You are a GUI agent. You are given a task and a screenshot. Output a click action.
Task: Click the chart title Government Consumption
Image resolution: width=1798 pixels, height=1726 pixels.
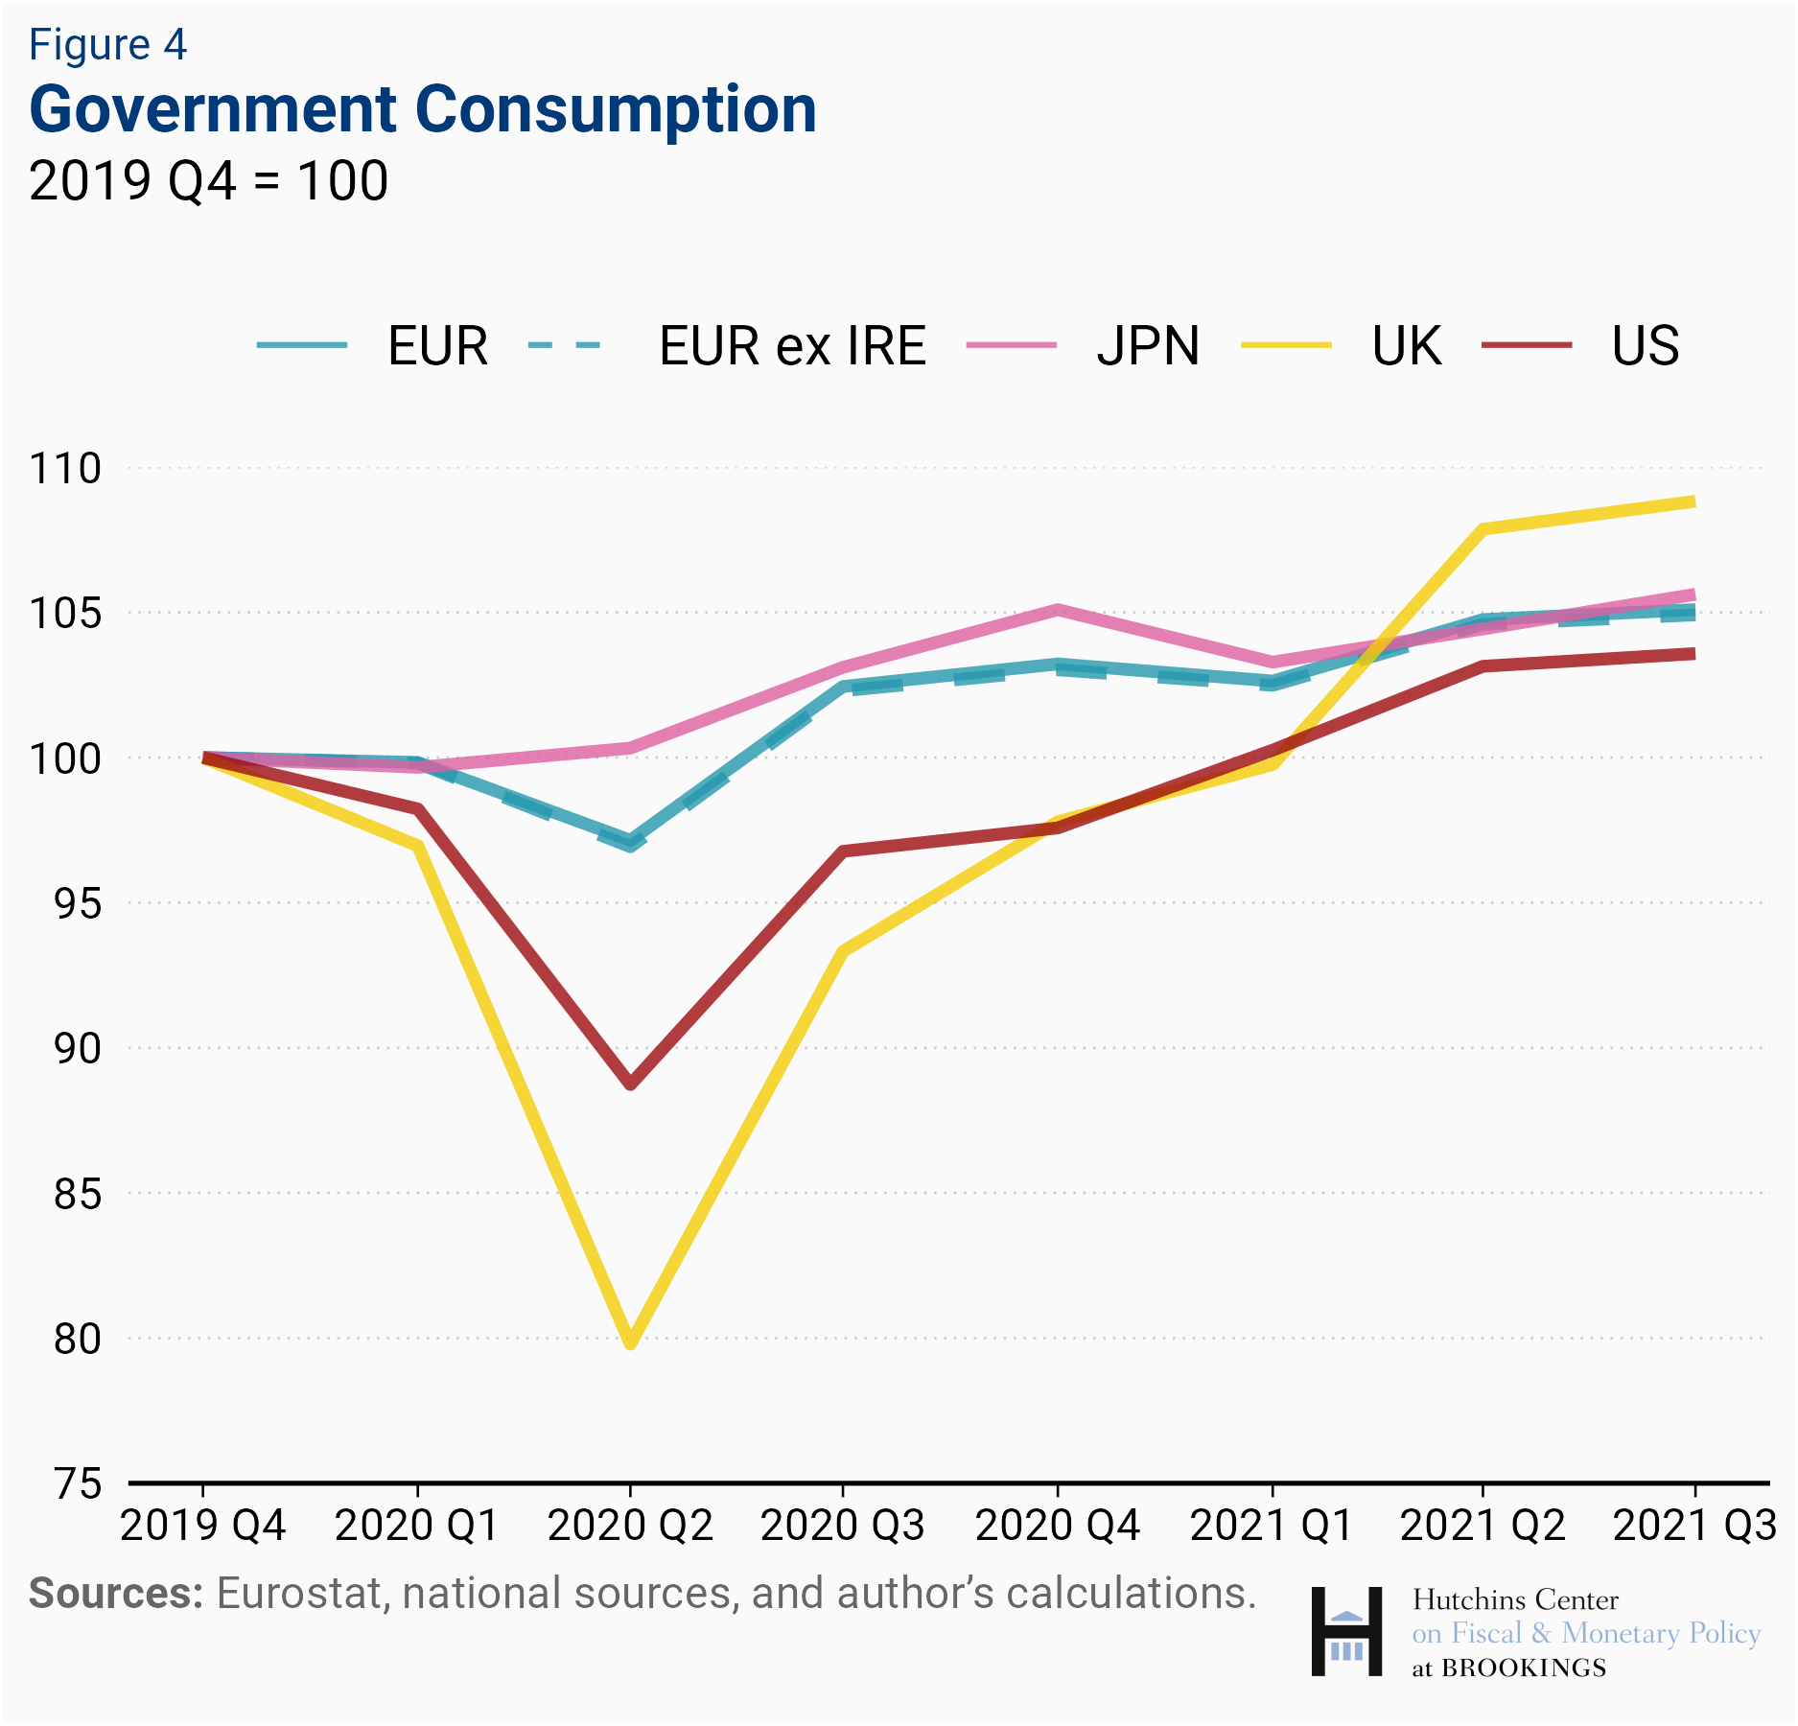point(423,109)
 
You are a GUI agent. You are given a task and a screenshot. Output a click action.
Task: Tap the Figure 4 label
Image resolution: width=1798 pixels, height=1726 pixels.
point(107,45)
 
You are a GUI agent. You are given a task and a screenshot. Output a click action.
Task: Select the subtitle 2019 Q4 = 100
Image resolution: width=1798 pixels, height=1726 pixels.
point(208,180)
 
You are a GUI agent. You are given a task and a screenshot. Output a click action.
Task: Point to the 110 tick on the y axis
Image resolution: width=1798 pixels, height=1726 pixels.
point(65,469)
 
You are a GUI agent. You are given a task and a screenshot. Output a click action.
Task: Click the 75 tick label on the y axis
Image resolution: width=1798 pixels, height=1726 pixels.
point(77,1483)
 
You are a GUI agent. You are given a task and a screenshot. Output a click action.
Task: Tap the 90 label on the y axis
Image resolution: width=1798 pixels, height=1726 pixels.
point(77,1048)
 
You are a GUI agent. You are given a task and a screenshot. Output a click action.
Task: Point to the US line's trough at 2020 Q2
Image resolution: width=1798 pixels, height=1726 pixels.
point(630,1084)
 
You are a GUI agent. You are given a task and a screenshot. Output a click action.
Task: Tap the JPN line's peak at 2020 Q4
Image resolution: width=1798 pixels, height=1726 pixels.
point(1057,609)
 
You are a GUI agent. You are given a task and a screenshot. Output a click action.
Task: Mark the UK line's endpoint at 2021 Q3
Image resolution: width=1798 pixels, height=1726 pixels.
point(1693,501)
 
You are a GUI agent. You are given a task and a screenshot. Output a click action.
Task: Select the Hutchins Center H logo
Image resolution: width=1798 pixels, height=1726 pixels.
point(1346,1631)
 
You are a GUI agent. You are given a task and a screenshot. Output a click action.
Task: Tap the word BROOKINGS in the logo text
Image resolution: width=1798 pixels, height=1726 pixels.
point(1523,1668)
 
